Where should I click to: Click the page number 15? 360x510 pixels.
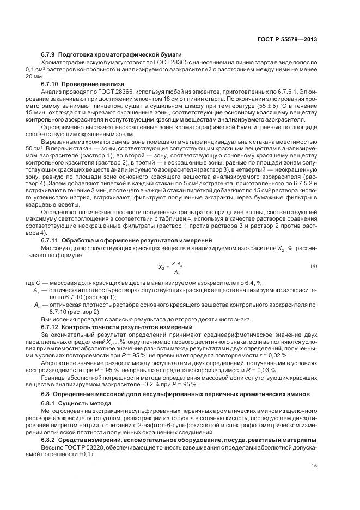coord(314,465)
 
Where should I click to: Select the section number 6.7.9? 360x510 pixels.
coord(50,55)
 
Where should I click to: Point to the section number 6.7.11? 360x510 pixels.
coord(51,240)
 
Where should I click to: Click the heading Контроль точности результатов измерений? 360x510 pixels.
coord(127,326)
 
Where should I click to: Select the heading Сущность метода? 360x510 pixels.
coord(86,404)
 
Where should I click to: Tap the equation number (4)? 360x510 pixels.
coord(314,265)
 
